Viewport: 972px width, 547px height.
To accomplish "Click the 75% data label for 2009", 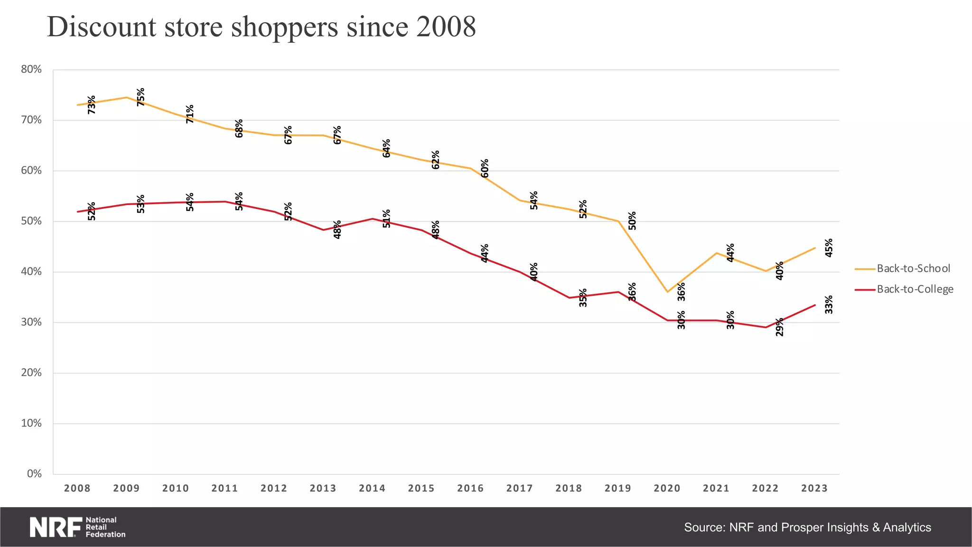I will (x=140, y=97).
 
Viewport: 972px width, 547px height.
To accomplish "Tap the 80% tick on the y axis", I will (x=31, y=70).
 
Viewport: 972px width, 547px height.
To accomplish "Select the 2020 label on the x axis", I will (x=667, y=489).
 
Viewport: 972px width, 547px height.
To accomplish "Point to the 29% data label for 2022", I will (x=779, y=327).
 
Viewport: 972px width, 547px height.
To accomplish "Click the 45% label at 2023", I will (x=829, y=248).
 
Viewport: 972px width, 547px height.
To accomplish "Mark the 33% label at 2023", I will (x=829, y=304).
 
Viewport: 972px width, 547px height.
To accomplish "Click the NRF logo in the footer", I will (x=77, y=527).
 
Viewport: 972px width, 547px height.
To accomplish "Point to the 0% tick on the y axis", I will (x=34, y=474).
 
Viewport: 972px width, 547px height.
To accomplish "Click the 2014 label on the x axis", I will (x=372, y=489).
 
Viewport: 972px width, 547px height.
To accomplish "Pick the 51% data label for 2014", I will (x=386, y=218).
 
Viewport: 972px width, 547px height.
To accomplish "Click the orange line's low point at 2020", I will (x=667, y=292).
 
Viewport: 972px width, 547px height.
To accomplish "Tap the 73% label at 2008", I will (x=91, y=104).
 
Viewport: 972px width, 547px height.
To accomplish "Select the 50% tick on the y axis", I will (x=31, y=221).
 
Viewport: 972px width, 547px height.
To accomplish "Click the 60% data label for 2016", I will (x=485, y=168).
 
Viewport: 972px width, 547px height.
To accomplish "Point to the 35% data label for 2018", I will (x=583, y=298).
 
